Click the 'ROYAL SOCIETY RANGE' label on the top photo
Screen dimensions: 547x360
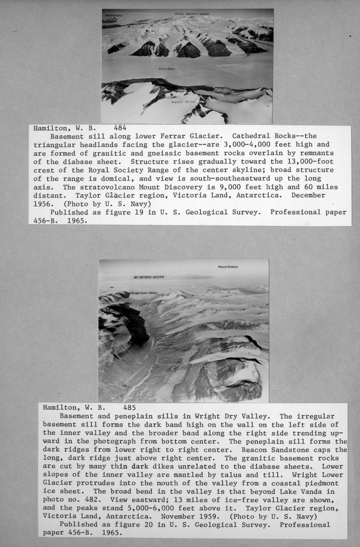(x=192, y=14)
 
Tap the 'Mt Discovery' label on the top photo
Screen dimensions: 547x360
(x=114, y=16)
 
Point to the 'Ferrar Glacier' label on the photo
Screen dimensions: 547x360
(x=167, y=69)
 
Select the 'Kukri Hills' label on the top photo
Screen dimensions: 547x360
(x=183, y=102)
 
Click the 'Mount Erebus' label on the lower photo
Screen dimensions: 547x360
(x=228, y=267)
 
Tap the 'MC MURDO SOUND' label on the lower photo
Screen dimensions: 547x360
(x=149, y=277)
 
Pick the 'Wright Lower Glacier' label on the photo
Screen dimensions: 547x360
(x=144, y=293)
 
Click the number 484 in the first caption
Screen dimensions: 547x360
(x=120, y=127)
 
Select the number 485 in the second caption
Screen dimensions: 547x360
(x=129, y=408)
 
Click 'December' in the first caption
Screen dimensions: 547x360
(x=308, y=195)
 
